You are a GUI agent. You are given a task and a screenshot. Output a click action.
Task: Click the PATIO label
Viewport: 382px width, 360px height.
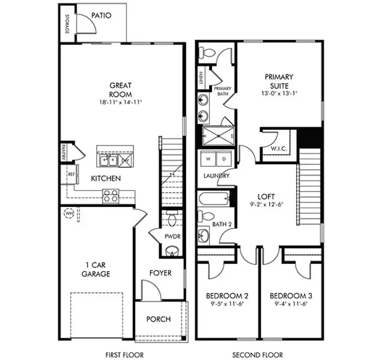tap(102, 16)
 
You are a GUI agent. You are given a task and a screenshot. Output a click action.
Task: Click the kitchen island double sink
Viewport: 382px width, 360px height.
tap(109, 160)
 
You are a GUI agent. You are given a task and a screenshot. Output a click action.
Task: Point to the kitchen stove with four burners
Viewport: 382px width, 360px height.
tap(111, 195)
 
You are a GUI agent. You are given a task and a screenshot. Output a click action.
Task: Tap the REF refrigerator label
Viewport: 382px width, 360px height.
tap(71, 175)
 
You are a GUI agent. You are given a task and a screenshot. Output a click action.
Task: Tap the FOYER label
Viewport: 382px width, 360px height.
tap(160, 273)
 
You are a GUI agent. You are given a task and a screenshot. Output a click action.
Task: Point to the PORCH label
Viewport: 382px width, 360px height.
tap(159, 319)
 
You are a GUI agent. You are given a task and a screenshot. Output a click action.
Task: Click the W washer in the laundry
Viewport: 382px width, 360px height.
tap(208, 159)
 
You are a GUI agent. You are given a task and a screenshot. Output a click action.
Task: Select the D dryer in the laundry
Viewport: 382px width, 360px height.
tap(223, 159)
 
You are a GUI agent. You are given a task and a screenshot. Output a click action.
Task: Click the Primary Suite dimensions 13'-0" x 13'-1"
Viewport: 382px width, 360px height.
tap(279, 94)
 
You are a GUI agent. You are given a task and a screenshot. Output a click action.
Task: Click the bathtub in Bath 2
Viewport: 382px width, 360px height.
tap(214, 199)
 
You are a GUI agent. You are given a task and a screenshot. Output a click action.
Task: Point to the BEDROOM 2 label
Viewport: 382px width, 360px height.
tap(227, 296)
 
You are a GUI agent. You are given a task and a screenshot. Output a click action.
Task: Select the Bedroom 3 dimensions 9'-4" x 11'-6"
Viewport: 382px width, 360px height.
tap(291, 305)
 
